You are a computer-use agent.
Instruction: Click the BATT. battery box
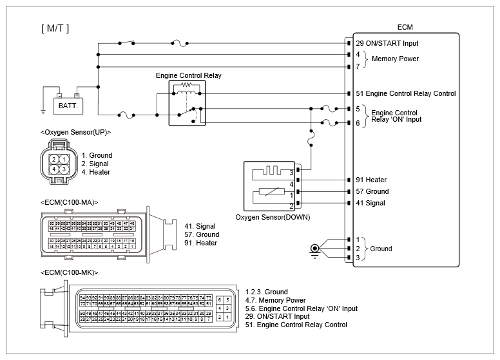[x=68, y=104]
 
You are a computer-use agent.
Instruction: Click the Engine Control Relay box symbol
[x=187, y=102]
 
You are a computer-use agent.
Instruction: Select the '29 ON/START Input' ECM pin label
[x=387, y=43]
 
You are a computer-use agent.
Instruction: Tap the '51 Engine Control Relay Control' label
[x=405, y=93]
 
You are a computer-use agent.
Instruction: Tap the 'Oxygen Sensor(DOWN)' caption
[x=273, y=217]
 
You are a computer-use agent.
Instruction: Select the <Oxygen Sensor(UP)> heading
[x=75, y=131]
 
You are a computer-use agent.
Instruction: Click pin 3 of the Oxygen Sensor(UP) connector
[x=64, y=169]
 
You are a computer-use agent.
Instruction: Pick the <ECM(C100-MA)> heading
[x=69, y=202]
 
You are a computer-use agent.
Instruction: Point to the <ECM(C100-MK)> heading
[x=69, y=273]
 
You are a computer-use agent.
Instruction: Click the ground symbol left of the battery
[x=43, y=111]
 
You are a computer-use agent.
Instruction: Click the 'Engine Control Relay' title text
[x=188, y=75]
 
